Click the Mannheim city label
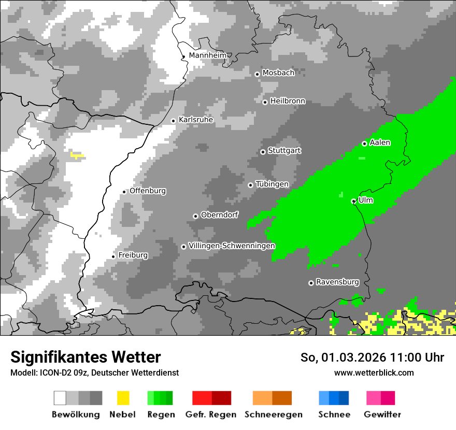[207, 55]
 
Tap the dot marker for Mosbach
[257, 74]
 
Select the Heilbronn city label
[288, 101]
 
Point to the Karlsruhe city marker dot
[174, 121]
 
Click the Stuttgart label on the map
[284, 151]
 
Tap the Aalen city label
[380, 142]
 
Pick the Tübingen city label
[272, 184]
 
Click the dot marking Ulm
[353, 201]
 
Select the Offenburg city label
[148, 191]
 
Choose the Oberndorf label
[220, 215]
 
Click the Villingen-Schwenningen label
[232, 246]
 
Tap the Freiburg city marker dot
[113, 256]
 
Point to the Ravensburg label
[337, 282]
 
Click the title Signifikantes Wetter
[85, 357]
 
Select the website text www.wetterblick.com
[374, 372]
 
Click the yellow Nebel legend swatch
[123, 398]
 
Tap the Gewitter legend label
[382, 414]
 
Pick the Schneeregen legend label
[274, 414]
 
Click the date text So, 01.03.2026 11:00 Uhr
[372, 357]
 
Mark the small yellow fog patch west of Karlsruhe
[77, 155]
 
